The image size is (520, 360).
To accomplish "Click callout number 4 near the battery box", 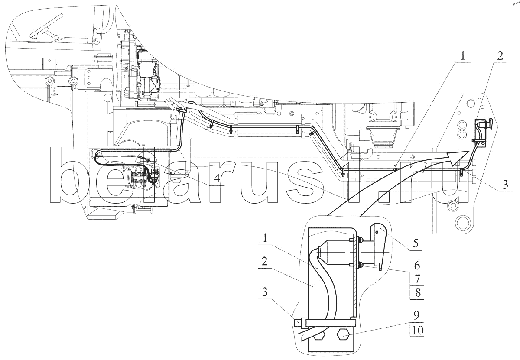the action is pyautogui.click(x=217, y=179).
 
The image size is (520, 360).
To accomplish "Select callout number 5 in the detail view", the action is pyautogui.click(x=416, y=243).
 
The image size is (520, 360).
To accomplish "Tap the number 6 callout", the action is pyautogui.click(x=417, y=265).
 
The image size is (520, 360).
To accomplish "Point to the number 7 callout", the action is pyautogui.click(x=417, y=279).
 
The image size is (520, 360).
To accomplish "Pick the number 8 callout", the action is pyautogui.click(x=418, y=292).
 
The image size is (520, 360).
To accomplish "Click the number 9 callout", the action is pyautogui.click(x=417, y=315).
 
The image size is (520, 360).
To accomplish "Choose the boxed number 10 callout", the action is pyautogui.click(x=417, y=330).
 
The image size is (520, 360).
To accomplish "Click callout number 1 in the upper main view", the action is pyautogui.click(x=463, y=56).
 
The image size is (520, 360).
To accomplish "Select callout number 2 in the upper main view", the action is pyautogui.click(x=500, y=56).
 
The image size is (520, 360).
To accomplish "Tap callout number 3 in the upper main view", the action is pyautogui.click(x=505, y=185).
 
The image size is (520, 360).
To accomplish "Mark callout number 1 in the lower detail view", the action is pyautogui.click(x=265, y=239).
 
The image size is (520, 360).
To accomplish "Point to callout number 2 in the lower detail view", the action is pyautogui.click(x=264, y=262).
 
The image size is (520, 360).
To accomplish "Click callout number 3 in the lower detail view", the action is pyautogui.click(x=265, y=292).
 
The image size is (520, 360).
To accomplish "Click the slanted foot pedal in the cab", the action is pyautogui.click(x=47, y=26).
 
